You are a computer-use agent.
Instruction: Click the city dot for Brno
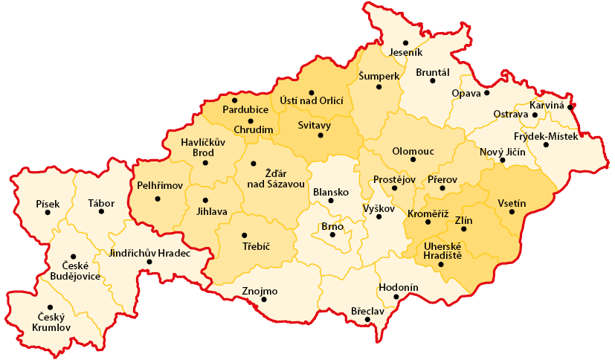(x=332, y=235)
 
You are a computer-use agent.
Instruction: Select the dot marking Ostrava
(x=535, y=115)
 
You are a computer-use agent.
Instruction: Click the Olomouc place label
(x=413, y=151)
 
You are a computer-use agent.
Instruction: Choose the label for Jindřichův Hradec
(x=149, y=253)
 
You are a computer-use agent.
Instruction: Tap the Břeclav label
(x=367, y=312)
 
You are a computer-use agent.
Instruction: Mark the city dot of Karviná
(x=570, y=107)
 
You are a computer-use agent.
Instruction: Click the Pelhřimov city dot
(x=157, y=199)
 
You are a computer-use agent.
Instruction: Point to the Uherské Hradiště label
(x=442, y=251)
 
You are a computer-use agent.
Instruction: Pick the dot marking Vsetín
(x=511, y=212)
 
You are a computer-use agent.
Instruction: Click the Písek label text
(x=47, y=203)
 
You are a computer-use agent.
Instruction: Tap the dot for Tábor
(x=101, y=211)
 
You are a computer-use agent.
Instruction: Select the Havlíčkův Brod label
(x=198, y=147)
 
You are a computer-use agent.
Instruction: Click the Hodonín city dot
(x=396, y=298)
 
